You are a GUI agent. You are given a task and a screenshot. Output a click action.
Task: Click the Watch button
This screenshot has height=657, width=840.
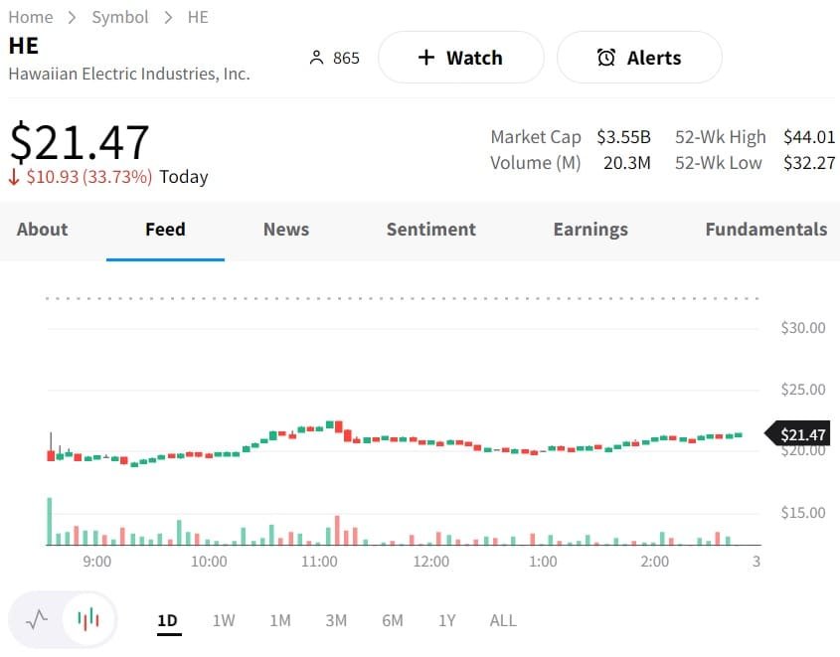pyautogui.click(x=460, y=58)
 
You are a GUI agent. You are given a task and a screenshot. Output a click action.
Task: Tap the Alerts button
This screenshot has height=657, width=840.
pyautogui.click(x=639, y=58)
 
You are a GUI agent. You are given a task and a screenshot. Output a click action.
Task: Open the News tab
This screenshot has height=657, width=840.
pyautogui.click(x=286, y=230)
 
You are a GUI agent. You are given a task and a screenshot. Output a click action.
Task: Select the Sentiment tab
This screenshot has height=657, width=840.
pyautogui.click(x=430, y=230)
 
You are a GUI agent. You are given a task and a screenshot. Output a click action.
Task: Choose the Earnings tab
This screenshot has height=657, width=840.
pyautogui.click(x=590, y=230)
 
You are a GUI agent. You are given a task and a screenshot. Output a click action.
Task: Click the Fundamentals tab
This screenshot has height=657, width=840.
pyautogui.click(x=765, y=230)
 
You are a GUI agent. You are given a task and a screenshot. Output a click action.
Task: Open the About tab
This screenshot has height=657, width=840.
pyautogui.click(x=43, y=230)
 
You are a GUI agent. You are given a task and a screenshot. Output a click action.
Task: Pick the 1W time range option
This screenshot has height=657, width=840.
pyautogui.click(x=224, y=620)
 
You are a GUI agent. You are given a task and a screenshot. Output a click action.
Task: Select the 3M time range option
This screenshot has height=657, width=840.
pyautogui.click(x=336, y=620)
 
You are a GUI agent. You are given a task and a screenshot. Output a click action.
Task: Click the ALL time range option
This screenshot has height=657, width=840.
pyautogui.click(x=503, y=620)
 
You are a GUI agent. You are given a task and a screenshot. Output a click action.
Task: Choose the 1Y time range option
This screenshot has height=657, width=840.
pyautogui.click(x=447, y=620)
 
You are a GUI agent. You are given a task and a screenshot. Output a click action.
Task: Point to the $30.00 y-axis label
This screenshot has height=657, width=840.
pyautogui.click(x=803, y=328)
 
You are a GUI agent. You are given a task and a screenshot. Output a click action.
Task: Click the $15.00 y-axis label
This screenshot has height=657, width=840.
pyautogui.click(x=803, y=513)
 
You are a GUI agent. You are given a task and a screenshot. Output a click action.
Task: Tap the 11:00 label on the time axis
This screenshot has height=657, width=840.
pyautogui.click(x=319, y=562)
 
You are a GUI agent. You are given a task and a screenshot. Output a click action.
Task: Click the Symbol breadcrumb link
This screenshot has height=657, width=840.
pyautogui.click(x=120, y=17)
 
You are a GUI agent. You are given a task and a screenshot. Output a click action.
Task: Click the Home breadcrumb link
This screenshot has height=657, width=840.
pyautogui.click(x=31, y=17)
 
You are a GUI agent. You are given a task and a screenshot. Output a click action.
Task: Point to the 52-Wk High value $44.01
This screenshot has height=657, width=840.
pyautogui.click(x=809, y=137)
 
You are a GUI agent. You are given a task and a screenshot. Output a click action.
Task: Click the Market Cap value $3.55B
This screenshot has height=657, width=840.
pyautogui.click(x=623, y=137)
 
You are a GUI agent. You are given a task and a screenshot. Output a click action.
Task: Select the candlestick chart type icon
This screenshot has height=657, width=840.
pyautogui.click(x=88, y=620)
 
